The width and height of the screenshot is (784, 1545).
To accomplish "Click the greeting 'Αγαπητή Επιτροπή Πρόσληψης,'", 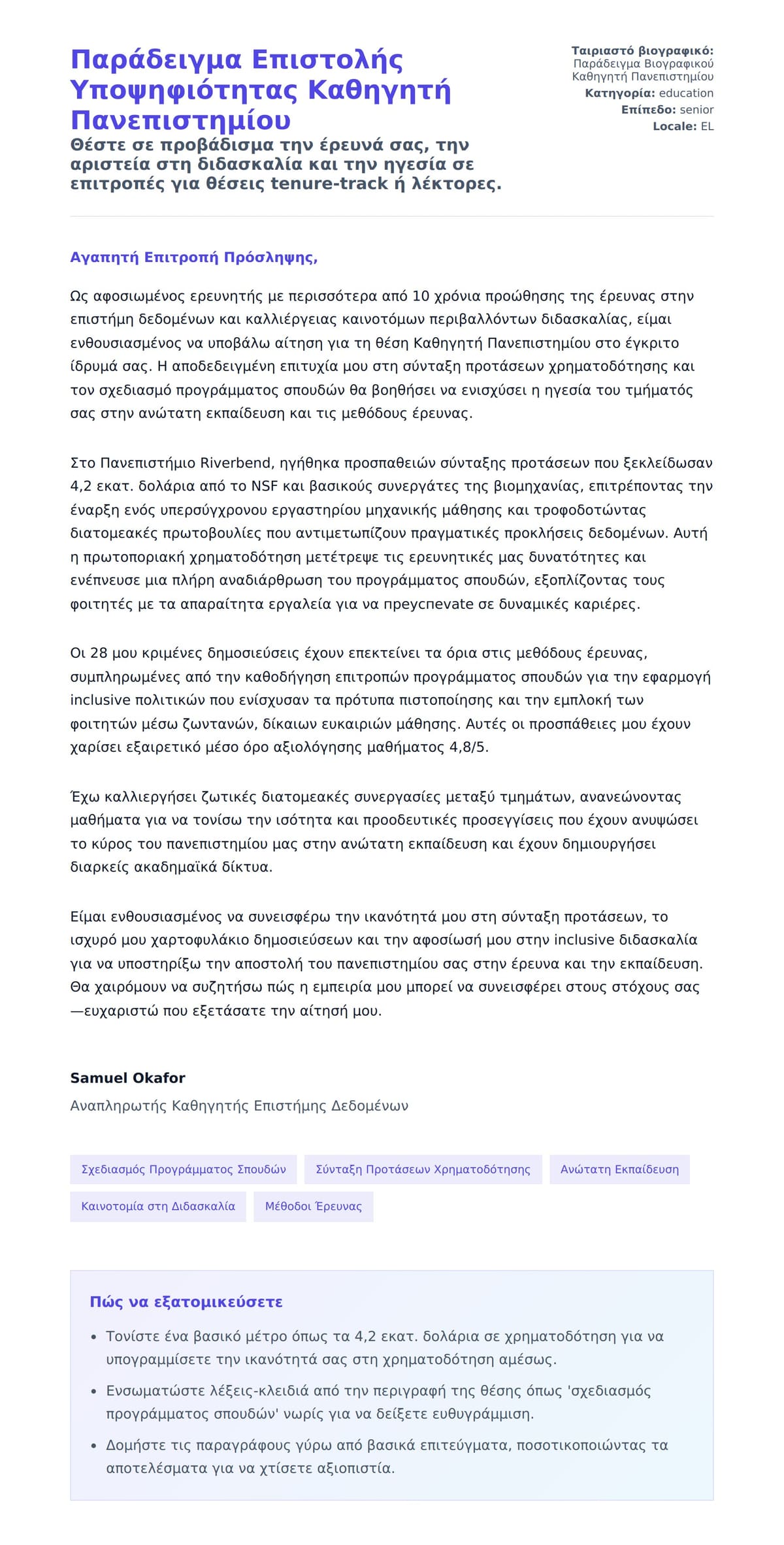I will pyautogui.click(x=193, y=257).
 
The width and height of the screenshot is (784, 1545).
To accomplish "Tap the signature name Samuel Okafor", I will pyautogui.click(x=127, y=1078).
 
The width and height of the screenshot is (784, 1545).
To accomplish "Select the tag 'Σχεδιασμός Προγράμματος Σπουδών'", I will pyautogui.click(x=184, y=1169).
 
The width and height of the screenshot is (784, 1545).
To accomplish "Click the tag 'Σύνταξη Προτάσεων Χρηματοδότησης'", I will pyautogui.click(x=423, y=1169).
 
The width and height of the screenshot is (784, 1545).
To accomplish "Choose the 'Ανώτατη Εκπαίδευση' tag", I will pyautogui.click(x=619, y=1169).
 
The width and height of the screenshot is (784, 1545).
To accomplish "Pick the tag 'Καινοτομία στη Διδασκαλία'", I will pyautogui.click(x=158, y=1207).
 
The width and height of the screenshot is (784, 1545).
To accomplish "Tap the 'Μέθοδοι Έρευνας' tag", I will pyautogui.click(x=313, y=1207).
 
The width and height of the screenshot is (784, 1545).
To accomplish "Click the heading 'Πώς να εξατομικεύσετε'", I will pyautogui.click(x=186, y=1302).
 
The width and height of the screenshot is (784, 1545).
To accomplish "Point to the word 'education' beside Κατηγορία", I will pyautogui.click(x=686, y=93).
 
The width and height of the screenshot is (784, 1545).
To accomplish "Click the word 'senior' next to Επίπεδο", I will pyautogui.click(x=696, y=110).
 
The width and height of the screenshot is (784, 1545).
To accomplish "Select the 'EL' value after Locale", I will pyautogui.click(x=707, y=127).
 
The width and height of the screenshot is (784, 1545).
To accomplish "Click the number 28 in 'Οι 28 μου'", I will pyautogui.click(x=99, y=653).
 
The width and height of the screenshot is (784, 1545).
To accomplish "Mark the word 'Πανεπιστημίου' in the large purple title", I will pyautogui.click(x=180, y=121).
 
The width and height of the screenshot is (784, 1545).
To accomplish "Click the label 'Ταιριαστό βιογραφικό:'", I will pyautogui.click(x=642, y=51).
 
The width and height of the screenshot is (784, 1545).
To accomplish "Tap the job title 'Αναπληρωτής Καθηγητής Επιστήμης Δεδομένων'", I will pyautogui.click(x=239, y=1106).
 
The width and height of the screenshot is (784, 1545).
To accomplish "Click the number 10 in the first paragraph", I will pyautogui.click(x=421, y=297).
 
